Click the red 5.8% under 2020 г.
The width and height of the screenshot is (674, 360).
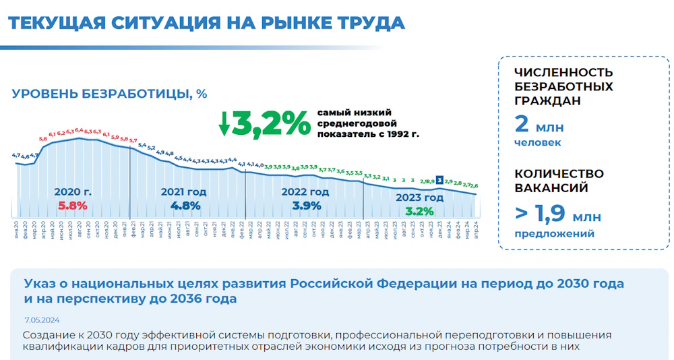(x=73, y=206)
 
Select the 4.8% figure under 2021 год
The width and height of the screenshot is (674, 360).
(x=185, y=206)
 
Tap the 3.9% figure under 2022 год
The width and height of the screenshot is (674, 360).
(x=306, y=206)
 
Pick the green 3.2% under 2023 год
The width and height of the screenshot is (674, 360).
(x=419, y=211)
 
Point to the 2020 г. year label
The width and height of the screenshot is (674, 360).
(x=73, y=192)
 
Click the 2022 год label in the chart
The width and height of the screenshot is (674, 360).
(x=305, y=192)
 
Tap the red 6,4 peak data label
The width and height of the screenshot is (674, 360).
(x=79, y=130)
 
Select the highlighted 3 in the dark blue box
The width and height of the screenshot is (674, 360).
(x=439, y=180)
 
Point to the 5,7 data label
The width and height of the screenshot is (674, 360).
(x=133, y=140)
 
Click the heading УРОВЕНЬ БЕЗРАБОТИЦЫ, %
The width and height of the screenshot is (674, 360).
(x=109, y=94)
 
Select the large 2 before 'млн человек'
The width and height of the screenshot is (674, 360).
(x=521, y=125)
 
